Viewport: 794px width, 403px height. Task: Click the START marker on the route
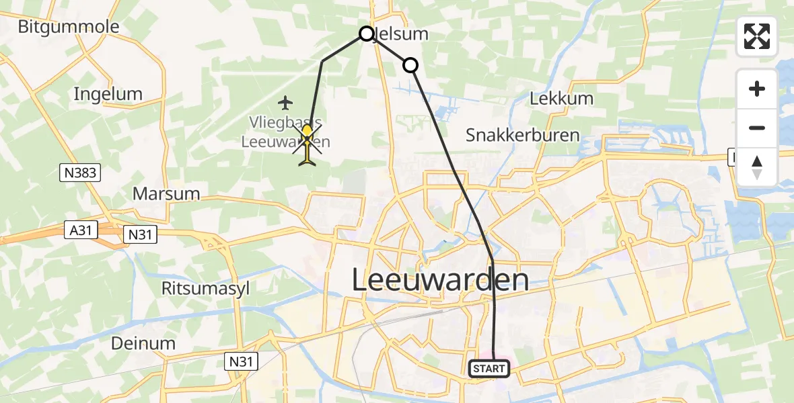(x=489, y=368)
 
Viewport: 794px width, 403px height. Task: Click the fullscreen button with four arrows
(x=757, y=36)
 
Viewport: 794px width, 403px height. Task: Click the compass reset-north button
(x=757, y=167)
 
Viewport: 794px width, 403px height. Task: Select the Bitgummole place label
(x=69, y=27)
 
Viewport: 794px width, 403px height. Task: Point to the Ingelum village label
(x=108, y=94)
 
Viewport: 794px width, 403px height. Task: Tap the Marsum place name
(x=166, y=194)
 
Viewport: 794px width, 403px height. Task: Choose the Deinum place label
(x=144, y=343)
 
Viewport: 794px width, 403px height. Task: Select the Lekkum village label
(x=562, y=99)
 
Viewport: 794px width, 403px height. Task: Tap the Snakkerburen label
(x=523, y=135)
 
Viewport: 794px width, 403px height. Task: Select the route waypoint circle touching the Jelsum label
(x=367, y=34)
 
